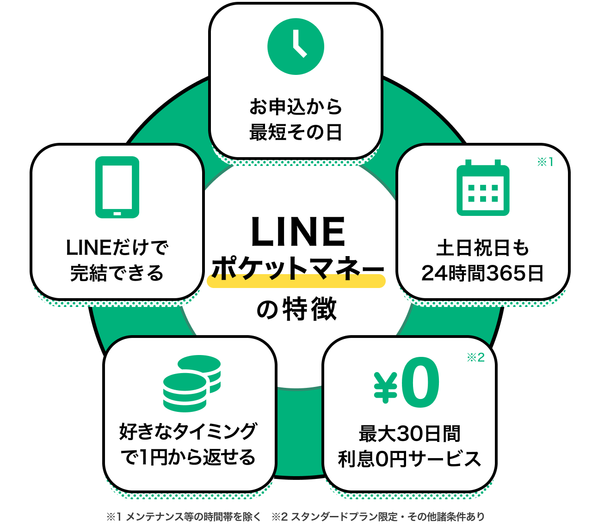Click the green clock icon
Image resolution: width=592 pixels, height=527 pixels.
click(x=296, y=47)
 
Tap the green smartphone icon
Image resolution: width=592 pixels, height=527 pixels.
click(x=117, y=187)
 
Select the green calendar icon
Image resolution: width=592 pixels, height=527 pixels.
click(x=483, y=188)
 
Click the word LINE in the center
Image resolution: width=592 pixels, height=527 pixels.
click(x=298, y=232)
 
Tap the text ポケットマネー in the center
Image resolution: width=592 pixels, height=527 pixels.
click(x=298, y=268)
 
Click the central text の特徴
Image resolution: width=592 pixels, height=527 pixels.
click(x=296, y=309)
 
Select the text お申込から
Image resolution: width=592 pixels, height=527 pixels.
click(x=296, y=107)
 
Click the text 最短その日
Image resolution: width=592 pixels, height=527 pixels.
click(x=296, y=133)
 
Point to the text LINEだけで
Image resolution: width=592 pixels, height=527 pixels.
click(x=117, y=248)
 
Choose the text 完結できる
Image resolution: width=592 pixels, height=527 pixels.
click(x=117, y=273)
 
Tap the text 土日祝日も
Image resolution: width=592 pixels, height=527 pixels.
click(x=483, y=248)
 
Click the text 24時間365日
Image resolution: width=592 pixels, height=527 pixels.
click(x=483, y=273)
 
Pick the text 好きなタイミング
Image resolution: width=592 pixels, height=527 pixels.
click(x=188, y=431)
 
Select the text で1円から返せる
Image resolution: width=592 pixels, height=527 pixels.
click(x=188, y=457)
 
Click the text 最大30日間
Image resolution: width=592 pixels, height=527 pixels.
click(x=410, y=434)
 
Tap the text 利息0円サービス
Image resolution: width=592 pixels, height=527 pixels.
click(x=410, y=459)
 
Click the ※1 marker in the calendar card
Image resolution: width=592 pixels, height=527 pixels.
click(x=545, y=162)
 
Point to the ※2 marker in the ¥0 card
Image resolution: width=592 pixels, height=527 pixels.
click(x=475, y=357)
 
